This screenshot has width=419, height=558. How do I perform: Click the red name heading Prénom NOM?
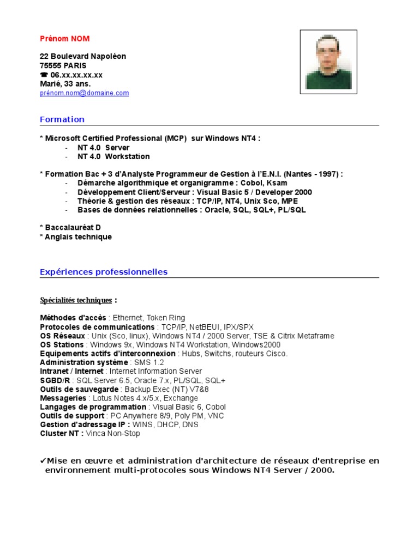(x=64, y=39)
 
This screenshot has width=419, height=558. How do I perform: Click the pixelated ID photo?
(x=329, y=62)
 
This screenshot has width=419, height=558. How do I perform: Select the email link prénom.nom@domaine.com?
(x=84, y=93)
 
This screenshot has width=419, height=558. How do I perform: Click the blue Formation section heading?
(x=62, y=119)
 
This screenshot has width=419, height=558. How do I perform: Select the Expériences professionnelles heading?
(x=104, y=272)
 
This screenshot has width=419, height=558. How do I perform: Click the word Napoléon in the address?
(x=109, y=57)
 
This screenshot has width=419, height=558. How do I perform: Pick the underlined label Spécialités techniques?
(x=76, y=300)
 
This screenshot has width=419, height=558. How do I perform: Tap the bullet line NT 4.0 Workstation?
(x=113, y=156)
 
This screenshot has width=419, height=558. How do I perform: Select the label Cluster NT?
(x=62, y=434)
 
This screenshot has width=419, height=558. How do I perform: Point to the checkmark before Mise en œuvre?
(x=43, y=460)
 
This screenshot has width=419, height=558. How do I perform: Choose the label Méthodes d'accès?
(x=74, y=318)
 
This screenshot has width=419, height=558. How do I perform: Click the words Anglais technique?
(x=78, y=237)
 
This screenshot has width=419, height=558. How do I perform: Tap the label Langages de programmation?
(x=93, y=407)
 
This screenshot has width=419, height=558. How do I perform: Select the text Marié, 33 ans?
(x=65, y=84)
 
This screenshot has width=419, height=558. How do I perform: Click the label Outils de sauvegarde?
(x=79, y=389)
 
